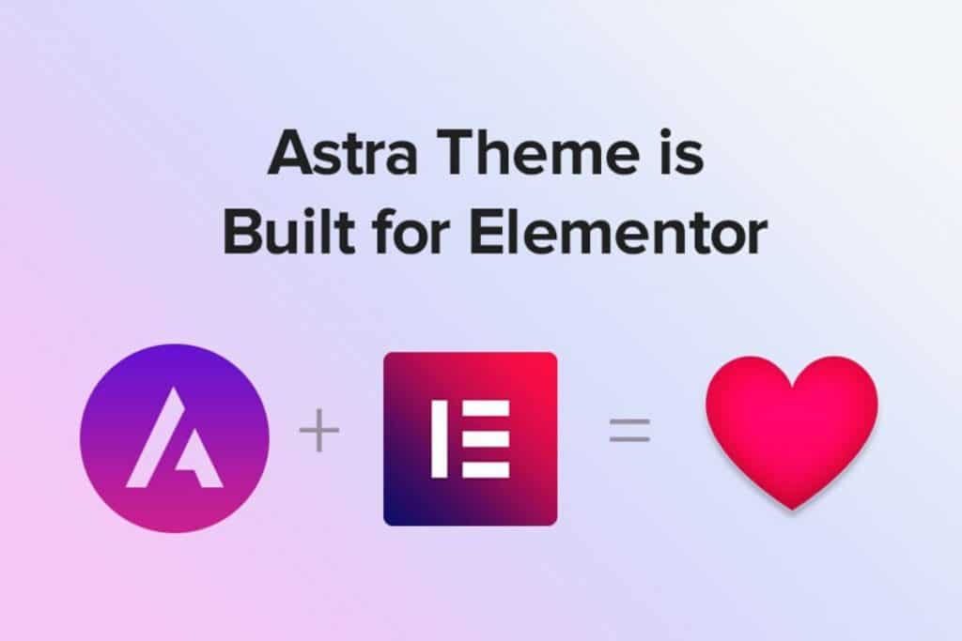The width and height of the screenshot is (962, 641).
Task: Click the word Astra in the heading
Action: [343, 152]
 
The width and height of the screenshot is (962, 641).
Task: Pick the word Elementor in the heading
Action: [618, 232]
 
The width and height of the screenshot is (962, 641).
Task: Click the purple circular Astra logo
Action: [174, 438]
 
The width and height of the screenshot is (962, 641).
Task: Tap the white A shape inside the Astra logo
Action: [174, 439]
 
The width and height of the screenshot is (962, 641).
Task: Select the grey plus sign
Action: [319, 431]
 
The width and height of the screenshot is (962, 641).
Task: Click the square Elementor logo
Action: [471, 439]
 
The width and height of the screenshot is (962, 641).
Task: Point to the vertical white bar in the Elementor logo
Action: [439, 439]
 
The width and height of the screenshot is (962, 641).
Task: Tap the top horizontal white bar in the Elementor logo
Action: [486, 408]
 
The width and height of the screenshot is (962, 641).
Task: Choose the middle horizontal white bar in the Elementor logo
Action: [486, 439]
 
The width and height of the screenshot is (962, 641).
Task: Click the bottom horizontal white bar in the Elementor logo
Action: [486, 469]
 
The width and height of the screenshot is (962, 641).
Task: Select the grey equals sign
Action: [629, 431]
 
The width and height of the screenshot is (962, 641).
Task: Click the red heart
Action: [791, 429]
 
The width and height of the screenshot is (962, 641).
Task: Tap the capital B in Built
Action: [243, 232]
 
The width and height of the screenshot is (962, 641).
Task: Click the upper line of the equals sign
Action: [629, 421]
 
